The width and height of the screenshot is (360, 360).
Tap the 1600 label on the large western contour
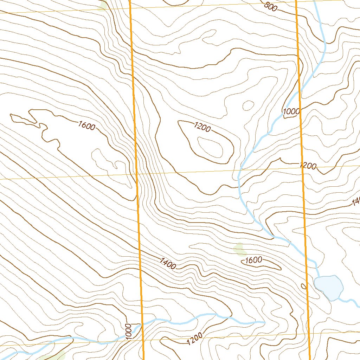click(x=87, y=126)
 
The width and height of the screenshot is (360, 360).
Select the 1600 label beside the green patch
click(x=253, y=260)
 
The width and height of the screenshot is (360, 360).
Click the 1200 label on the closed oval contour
click(x=202, y=127)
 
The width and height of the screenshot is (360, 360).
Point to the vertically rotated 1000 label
click(x=128, y=331)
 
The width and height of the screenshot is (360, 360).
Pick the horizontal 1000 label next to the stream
click(x=291, y=111)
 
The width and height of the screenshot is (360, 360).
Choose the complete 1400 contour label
click(x=168, y=263)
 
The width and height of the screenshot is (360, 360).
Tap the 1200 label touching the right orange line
click(x=308, y=166)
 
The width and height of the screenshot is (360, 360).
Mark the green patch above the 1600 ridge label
click(x=240, y=249)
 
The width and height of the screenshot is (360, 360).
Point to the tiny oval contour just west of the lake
click(x=304, y=287)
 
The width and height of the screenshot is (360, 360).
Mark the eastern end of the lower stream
click(x=264, y=321)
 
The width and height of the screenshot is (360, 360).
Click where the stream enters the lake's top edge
click(x=318, y=277)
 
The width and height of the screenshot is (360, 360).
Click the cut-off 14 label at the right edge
click(x=356, y=202)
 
